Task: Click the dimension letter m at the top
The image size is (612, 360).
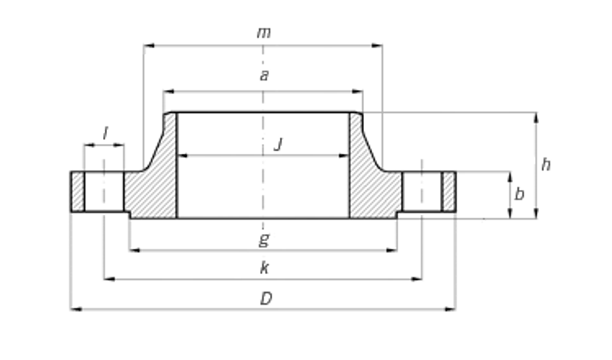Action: pos(264,33)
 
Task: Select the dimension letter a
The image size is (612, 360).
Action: pos(264,76)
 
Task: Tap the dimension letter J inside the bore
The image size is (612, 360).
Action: pos(278,144)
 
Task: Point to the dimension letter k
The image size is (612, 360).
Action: pos(264,268)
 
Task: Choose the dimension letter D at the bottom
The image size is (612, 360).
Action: pos(266,299)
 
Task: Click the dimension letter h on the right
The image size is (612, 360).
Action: pos(545,164)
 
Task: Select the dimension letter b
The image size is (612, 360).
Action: pos(519,195)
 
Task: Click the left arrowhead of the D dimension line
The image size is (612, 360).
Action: pos(74,309)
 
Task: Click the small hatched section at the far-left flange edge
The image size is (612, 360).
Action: pos(77,192)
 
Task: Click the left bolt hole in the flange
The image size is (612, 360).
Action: pos(104,192)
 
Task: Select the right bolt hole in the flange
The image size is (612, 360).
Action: pos(422,192)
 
